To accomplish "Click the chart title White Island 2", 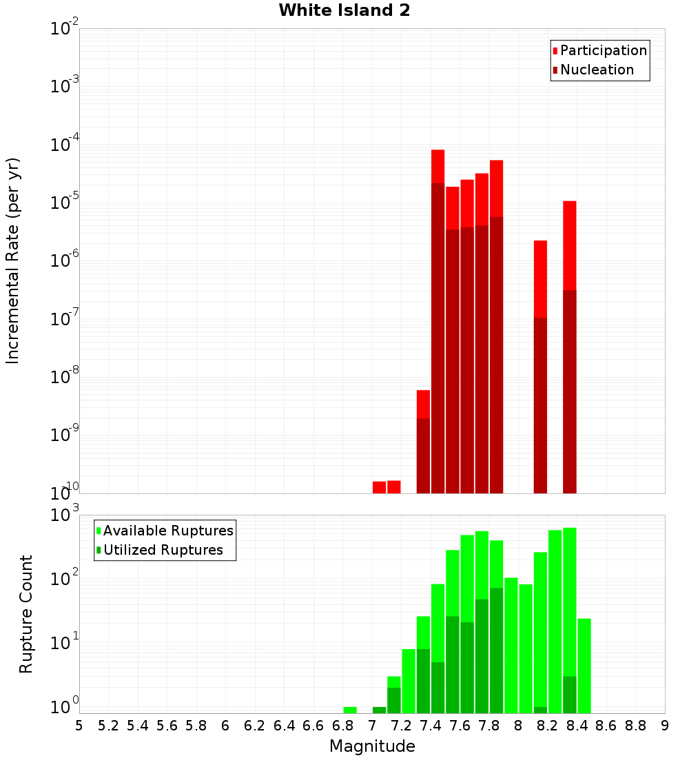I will (344, 11).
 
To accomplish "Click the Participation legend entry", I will (603, 50).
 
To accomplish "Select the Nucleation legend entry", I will (597, 70).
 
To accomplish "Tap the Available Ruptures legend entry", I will (167, 531).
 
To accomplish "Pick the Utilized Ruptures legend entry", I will (163, 550).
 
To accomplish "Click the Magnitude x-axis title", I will (372, 746).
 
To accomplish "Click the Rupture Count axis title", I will (26, 614).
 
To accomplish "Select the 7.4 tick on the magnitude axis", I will (431, 726).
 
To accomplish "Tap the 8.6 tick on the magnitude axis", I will (606, 726).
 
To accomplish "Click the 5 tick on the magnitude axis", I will (79, 726).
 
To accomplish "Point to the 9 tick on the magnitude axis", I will (665, 726).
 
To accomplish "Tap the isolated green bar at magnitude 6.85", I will (350, 710).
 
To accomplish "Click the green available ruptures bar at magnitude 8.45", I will (584, 665).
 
